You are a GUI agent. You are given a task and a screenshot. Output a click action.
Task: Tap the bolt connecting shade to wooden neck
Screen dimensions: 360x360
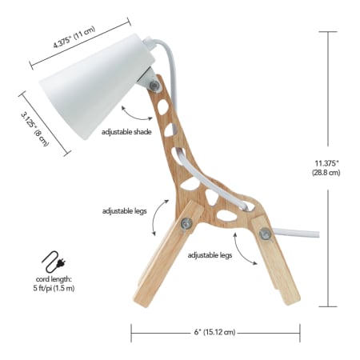[154, 86]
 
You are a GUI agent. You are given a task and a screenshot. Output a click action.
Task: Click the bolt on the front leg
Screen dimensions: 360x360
[186, 223]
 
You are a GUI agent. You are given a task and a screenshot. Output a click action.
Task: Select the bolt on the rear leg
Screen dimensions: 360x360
[265, 234]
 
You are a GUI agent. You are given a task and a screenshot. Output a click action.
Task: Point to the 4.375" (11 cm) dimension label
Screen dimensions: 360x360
[74, 38]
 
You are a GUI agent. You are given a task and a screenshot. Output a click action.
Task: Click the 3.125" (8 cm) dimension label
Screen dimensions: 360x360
[35, 129]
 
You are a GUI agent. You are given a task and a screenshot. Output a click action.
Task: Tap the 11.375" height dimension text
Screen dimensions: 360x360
[326, 168]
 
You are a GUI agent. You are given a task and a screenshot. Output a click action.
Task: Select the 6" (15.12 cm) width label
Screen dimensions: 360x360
[214, 332]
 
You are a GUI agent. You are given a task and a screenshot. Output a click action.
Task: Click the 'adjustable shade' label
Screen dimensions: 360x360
[126, 132]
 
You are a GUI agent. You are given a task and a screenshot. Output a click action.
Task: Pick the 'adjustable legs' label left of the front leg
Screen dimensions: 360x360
[125, 211]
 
